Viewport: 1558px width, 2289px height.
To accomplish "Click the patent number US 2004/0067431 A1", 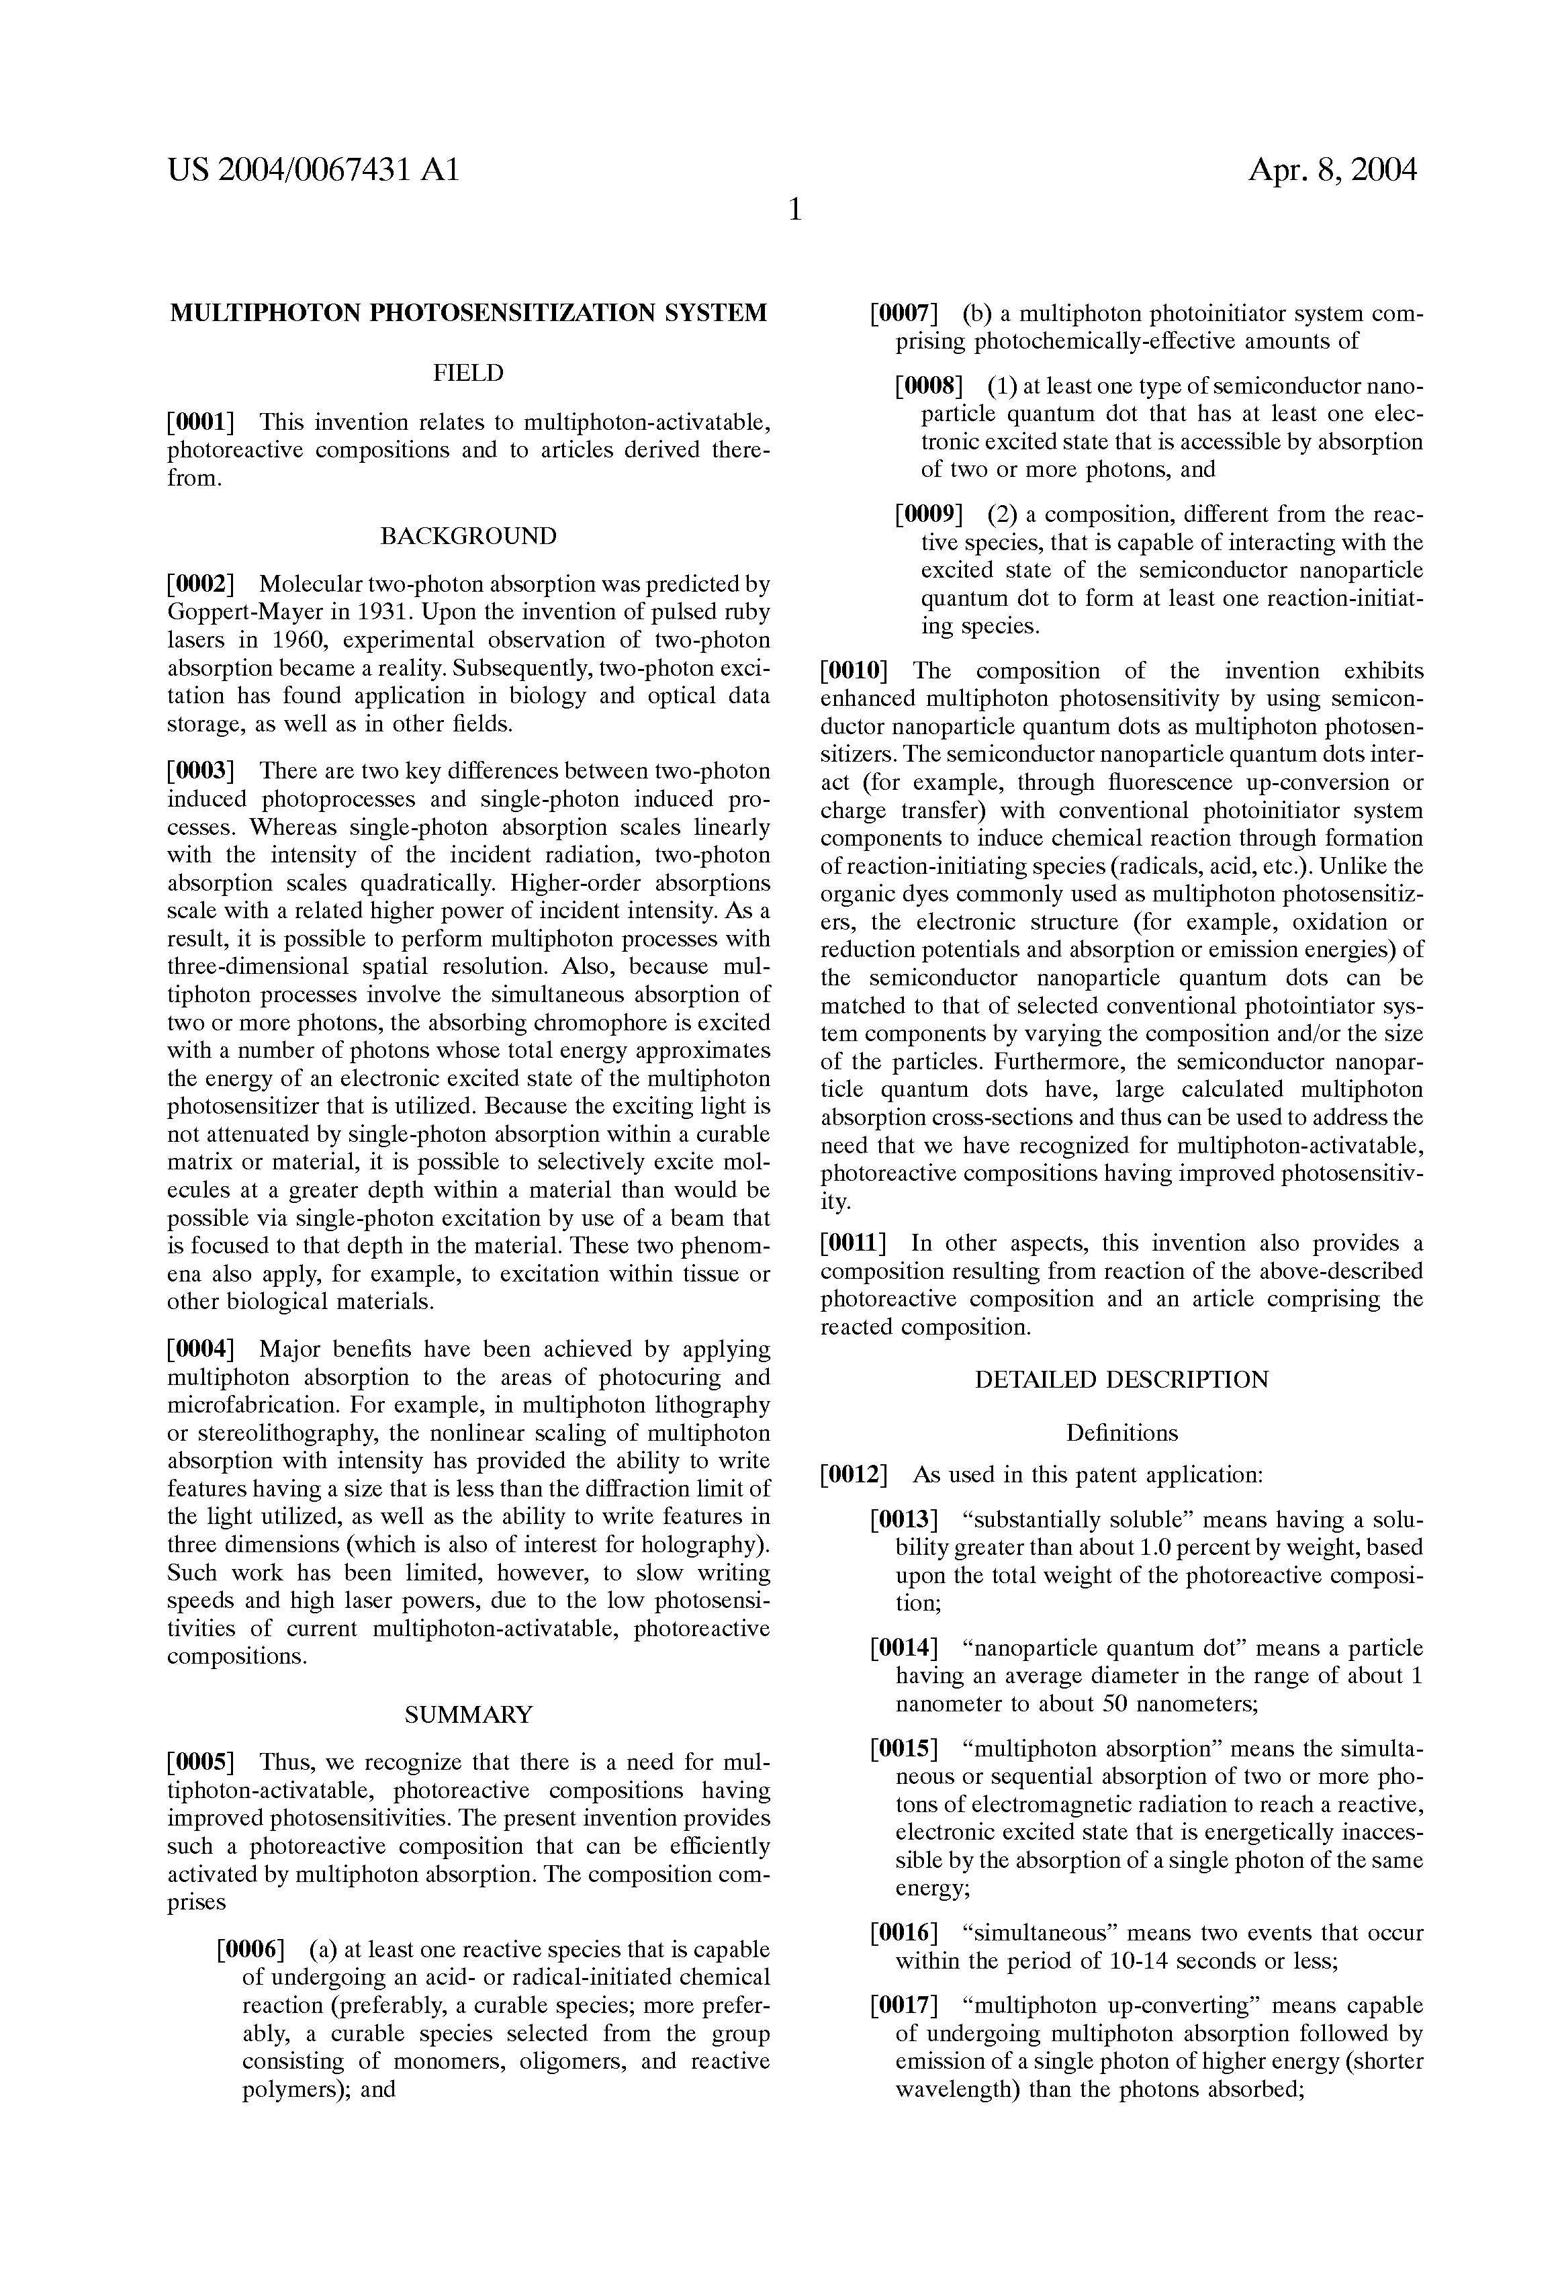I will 313,171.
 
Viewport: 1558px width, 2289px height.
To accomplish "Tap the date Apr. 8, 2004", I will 1332,171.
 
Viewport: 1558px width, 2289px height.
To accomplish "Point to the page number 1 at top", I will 794,210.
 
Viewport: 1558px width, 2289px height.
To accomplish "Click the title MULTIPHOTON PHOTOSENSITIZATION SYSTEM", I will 469,314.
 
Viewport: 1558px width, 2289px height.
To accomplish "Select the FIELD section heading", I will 469,373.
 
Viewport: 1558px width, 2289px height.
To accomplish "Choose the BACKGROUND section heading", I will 469,537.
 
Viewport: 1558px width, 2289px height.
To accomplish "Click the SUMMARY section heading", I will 469,1715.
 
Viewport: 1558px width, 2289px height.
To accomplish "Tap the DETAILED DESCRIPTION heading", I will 1121,1380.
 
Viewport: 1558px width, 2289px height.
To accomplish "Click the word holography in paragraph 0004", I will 697,1544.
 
